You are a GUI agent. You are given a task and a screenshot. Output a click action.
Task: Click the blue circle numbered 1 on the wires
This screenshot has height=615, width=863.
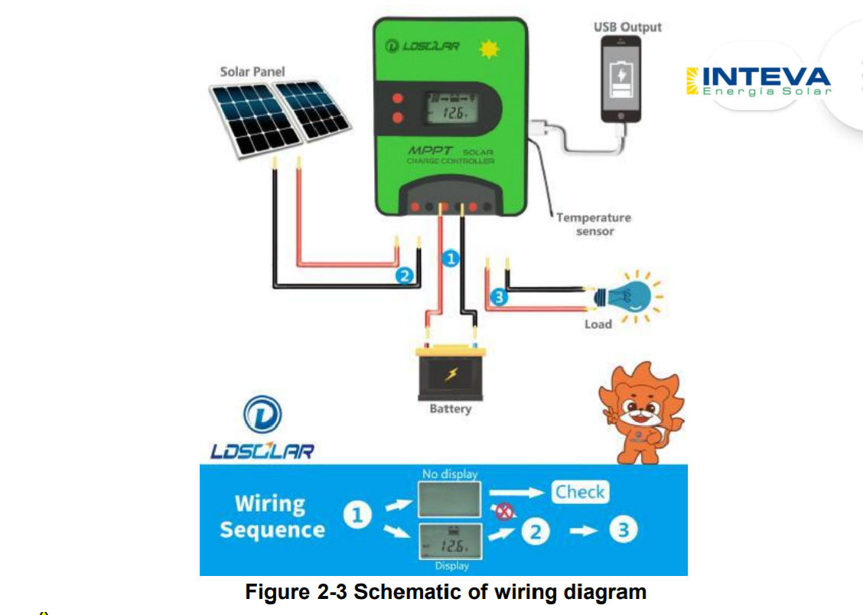pyautogui.click(x=451, y=259)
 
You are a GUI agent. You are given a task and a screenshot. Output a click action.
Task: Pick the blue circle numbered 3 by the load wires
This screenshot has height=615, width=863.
pyautogui.click(x=498, y=297)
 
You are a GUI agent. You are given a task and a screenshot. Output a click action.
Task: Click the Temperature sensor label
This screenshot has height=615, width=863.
pyautogui.click(x=594, y=224)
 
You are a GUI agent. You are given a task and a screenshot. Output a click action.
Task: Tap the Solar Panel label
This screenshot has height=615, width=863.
pyautogui.click(x=252, y=72)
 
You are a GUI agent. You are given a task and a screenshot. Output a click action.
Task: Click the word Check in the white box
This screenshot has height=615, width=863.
pyautogui.click(x=580, y=492)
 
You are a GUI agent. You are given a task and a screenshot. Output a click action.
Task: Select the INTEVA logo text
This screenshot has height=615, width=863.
pyautogui.click(x=765, y=77)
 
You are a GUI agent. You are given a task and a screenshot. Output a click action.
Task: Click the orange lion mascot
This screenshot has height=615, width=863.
pyautogui.click(x=640, y=412)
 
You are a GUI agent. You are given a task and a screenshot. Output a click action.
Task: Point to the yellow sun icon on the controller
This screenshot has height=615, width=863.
pyautogui.click(x=487, y=48)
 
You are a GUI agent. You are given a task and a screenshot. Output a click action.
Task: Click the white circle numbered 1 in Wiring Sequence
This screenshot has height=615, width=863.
pyautogui.click(x=357, y=516)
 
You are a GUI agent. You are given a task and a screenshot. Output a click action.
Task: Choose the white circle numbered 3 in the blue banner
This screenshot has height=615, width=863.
pyautogui.click(x=624, y=530)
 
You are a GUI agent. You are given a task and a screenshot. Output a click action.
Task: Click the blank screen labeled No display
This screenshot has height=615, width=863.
pyautogui.click(x=450, y=498)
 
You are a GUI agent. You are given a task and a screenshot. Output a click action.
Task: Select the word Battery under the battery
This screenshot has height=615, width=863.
pyautogui.click(x=451, y=409)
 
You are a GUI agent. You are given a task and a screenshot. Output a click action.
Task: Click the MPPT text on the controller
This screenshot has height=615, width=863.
pyautogui.click(x=431, y=151)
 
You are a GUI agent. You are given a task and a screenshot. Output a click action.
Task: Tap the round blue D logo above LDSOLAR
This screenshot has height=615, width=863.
pyautogui.click(x=262, y=415)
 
